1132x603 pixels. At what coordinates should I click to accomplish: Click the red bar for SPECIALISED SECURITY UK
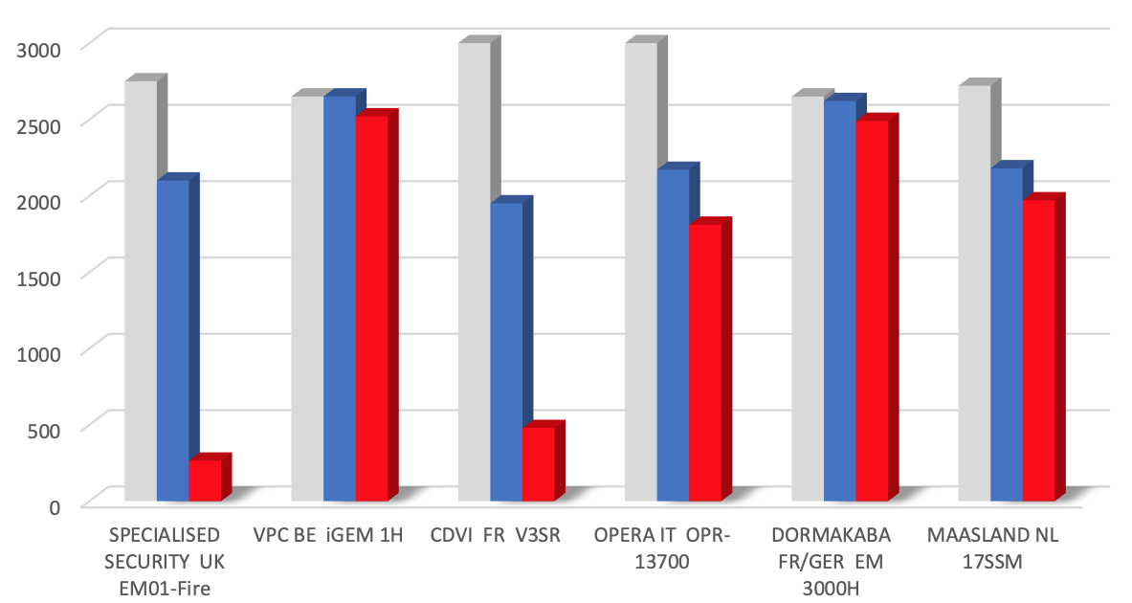coord(205,480)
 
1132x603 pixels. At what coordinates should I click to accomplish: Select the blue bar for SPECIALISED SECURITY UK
coord(172,340)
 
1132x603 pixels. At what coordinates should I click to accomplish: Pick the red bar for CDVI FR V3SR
coord(538,463)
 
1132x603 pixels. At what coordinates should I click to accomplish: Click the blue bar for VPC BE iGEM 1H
coord(339,298)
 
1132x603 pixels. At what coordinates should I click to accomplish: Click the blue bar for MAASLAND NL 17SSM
coord(1007,334)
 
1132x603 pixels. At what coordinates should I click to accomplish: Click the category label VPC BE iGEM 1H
coord(328,535)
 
